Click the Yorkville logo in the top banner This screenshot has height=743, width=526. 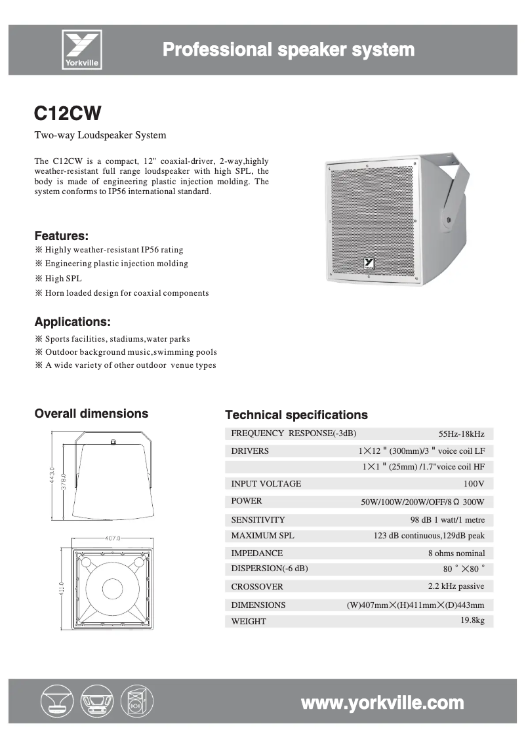point(81,50)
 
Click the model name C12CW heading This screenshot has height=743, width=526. point(68,113)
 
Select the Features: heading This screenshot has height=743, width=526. point(61,235)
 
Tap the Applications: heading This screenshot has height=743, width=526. point(72,322)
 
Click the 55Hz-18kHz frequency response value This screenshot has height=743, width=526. point(461,433)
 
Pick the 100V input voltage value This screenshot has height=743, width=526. point(474,484)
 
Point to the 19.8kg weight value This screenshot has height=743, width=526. point(472,620)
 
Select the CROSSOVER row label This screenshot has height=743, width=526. point(257,587)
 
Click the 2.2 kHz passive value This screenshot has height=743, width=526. point(456,586)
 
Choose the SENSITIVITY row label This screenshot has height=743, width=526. point(258,520)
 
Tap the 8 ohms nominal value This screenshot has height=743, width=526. point(456,553)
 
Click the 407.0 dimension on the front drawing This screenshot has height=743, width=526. point(113,538)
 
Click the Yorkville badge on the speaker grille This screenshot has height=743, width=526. point(369,263)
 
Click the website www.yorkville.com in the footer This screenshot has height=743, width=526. point(382,703)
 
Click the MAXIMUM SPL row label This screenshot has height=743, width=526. point(262,536)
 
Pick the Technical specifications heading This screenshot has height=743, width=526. point(296,415)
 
